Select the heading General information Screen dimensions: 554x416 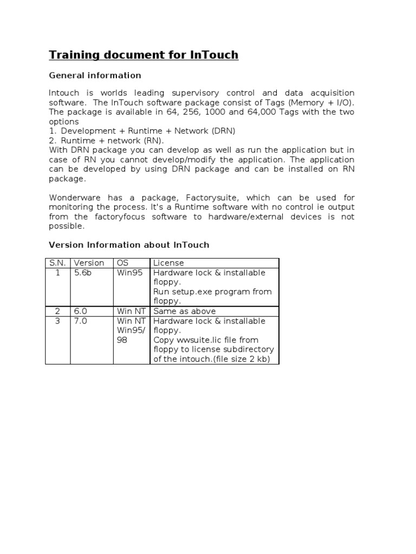[95, 75]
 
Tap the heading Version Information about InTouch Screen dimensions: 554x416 [129, 245]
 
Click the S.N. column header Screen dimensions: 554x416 [57, 263]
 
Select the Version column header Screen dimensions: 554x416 [89, 263]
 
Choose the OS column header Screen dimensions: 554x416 [123, 263]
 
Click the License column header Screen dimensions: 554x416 [168, 263]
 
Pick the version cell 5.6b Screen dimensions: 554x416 [83, 273]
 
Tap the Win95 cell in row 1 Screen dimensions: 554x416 [130, 273]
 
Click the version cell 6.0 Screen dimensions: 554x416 [80, 311]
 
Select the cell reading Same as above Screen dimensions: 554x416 [184, 311]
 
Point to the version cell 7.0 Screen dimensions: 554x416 [80, 321]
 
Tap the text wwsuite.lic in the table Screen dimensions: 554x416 [199, 340]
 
